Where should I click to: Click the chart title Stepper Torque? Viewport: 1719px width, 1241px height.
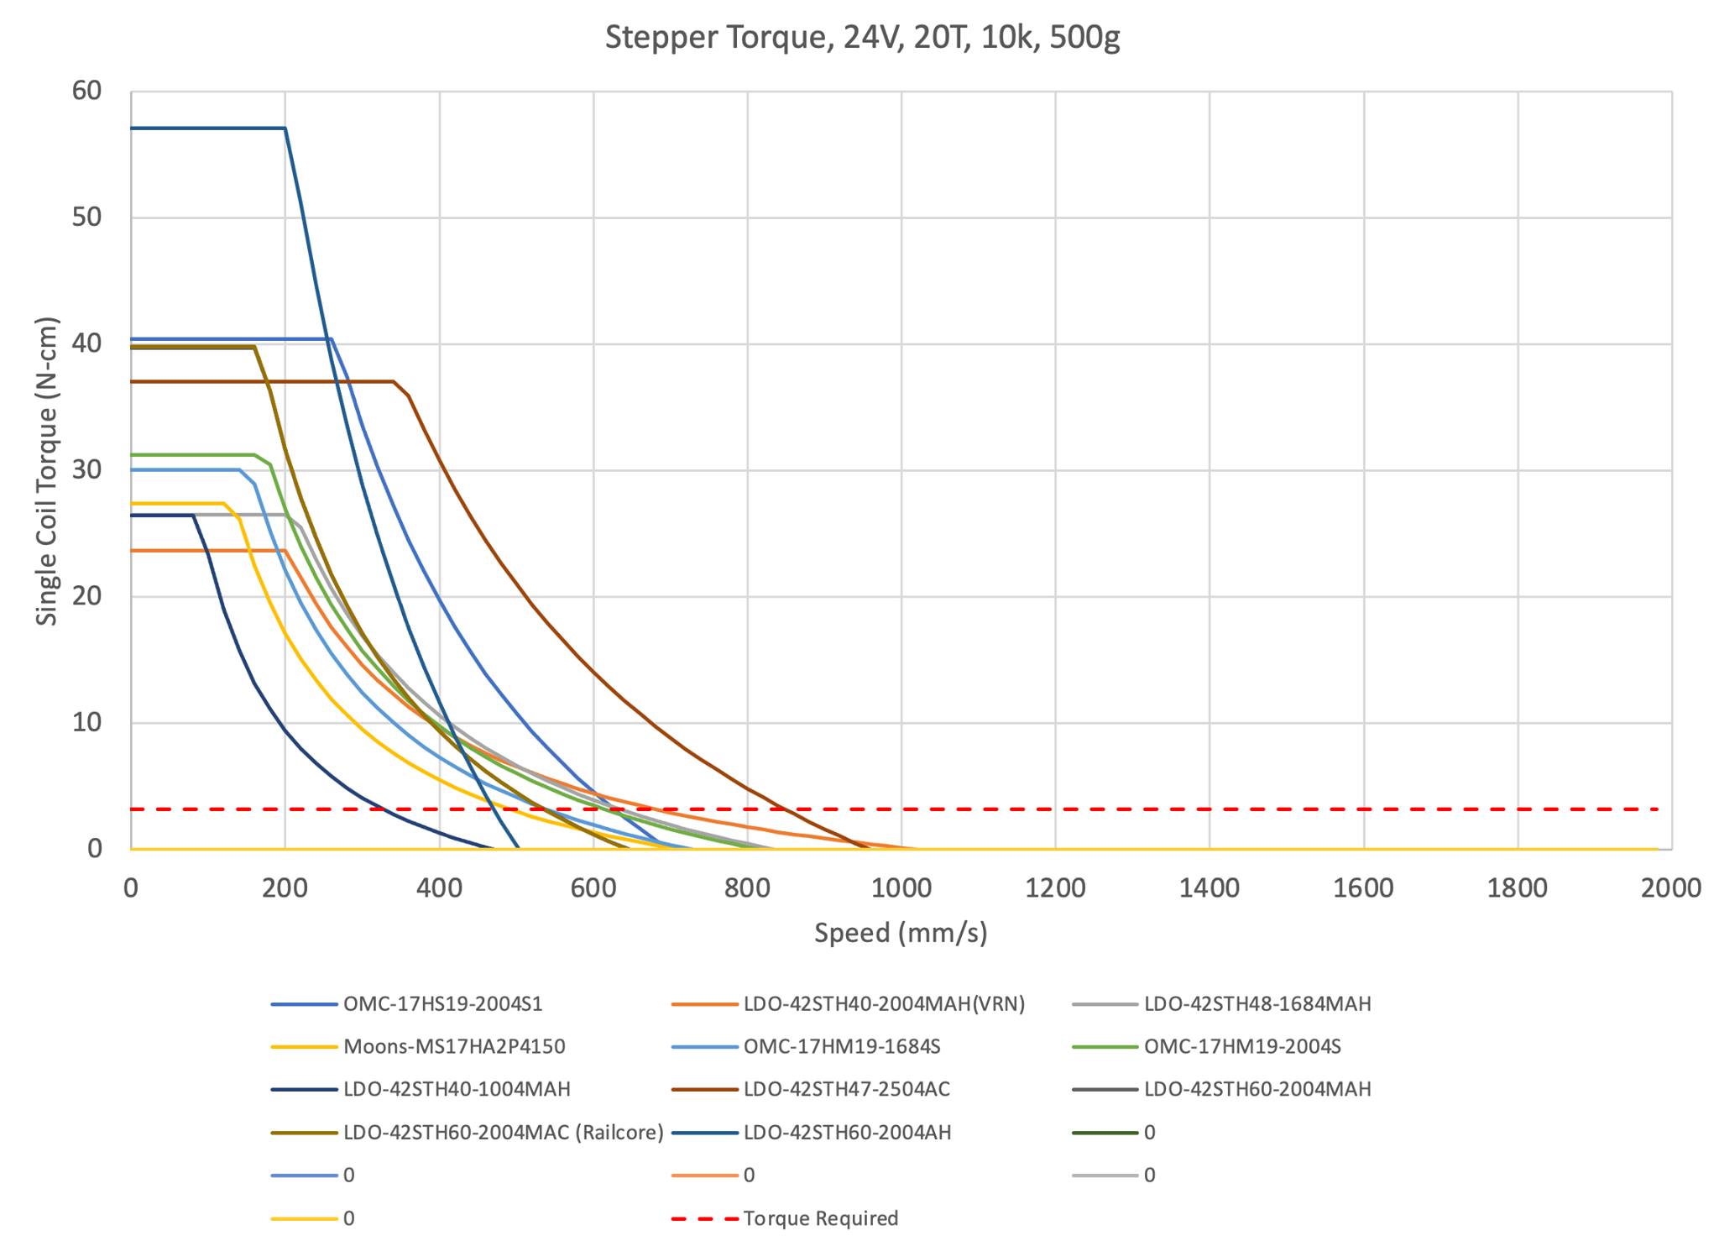(862, 39)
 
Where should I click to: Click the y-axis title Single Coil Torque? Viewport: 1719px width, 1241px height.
(48, 470)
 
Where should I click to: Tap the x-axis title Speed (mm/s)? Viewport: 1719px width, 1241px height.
(901, 933)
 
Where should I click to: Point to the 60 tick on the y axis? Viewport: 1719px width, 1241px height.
(86, 92)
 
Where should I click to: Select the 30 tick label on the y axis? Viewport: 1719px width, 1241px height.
(86, 470)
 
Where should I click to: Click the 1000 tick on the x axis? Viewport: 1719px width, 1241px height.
(901, 888)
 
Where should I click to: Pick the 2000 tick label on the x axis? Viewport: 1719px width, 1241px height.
(1670, 888)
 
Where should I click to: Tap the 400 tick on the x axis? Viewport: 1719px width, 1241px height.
(439, 888)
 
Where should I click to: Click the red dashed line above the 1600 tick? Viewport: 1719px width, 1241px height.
(1363, 809)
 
